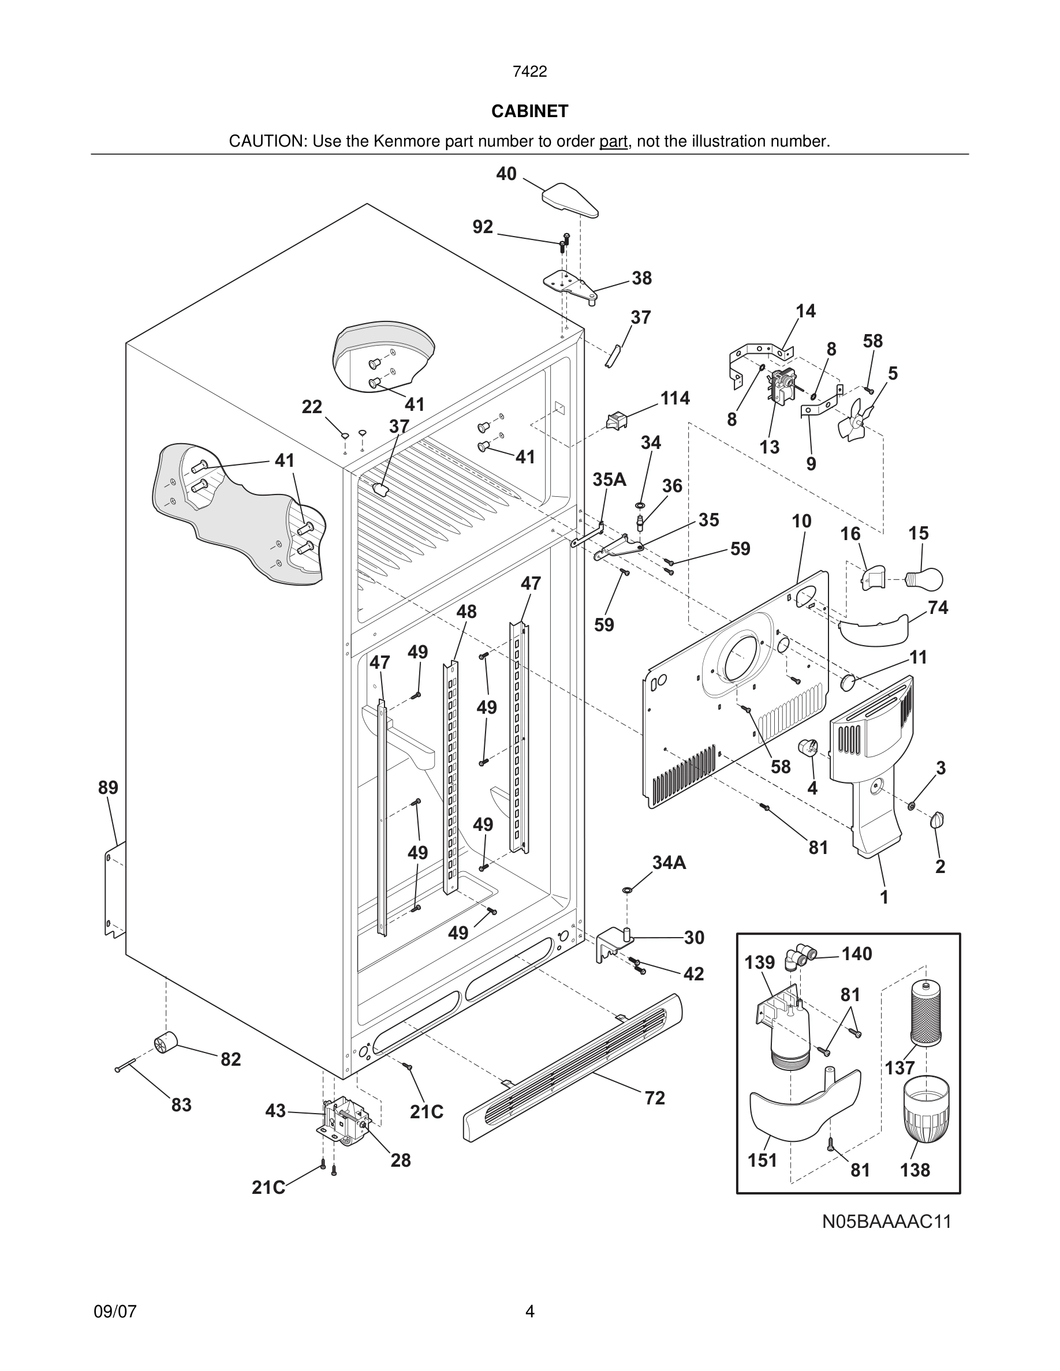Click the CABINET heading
[529, 111]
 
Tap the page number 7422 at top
[529, 72]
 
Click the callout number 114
[674, 398]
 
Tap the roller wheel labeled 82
[165, 1043]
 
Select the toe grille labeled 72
[573, 1067]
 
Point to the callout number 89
[108, 787]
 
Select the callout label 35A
[609, 480]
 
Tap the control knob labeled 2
[938, 819]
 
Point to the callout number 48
[466, 612]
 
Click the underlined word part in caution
[613, 142]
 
